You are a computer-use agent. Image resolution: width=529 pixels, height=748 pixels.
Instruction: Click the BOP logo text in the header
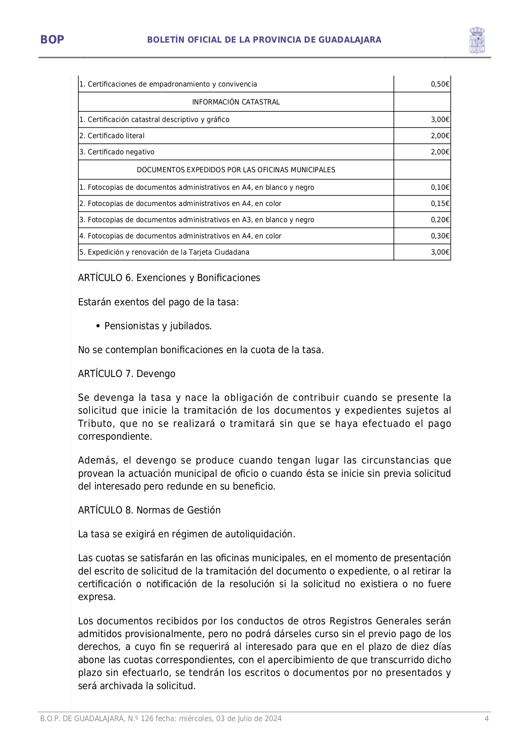(52, 40)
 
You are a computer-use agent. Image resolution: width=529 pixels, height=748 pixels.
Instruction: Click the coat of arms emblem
(477, 40)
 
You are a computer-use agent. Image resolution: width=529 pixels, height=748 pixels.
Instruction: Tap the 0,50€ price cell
(440, 84)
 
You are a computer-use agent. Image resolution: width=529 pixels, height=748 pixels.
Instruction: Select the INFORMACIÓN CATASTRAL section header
(236, 102)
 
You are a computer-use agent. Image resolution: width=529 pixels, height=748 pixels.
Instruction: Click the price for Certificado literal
(440, 136)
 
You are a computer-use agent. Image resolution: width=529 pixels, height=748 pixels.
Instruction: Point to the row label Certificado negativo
(117, 152)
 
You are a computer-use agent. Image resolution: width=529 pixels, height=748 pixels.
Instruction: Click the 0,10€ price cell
(440, 188)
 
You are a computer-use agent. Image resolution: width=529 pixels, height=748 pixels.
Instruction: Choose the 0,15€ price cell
(440, 204)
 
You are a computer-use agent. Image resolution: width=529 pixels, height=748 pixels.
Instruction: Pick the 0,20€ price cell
(440, 220)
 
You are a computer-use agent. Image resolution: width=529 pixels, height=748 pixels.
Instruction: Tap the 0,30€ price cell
(440, 236)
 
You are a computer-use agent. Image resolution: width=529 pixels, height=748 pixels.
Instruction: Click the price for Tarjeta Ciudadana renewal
(440, 252)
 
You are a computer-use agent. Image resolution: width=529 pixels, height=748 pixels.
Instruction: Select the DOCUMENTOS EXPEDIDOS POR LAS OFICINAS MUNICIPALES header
(236, 170)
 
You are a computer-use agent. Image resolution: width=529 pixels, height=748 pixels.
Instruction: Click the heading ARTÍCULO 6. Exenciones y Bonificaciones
(169, 278)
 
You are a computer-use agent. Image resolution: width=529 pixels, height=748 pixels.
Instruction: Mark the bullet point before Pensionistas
(98, 326)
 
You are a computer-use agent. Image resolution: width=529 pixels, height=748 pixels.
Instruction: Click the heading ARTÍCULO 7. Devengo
(127, 374)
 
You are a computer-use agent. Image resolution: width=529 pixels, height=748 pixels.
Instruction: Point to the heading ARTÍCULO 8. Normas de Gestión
(149, 510)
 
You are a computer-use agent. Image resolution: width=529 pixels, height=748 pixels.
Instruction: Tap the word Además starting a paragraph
(97, 461)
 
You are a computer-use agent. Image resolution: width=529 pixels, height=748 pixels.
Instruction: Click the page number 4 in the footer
(486, 719)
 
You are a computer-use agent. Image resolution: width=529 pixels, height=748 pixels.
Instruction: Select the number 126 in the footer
(147, 719)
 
